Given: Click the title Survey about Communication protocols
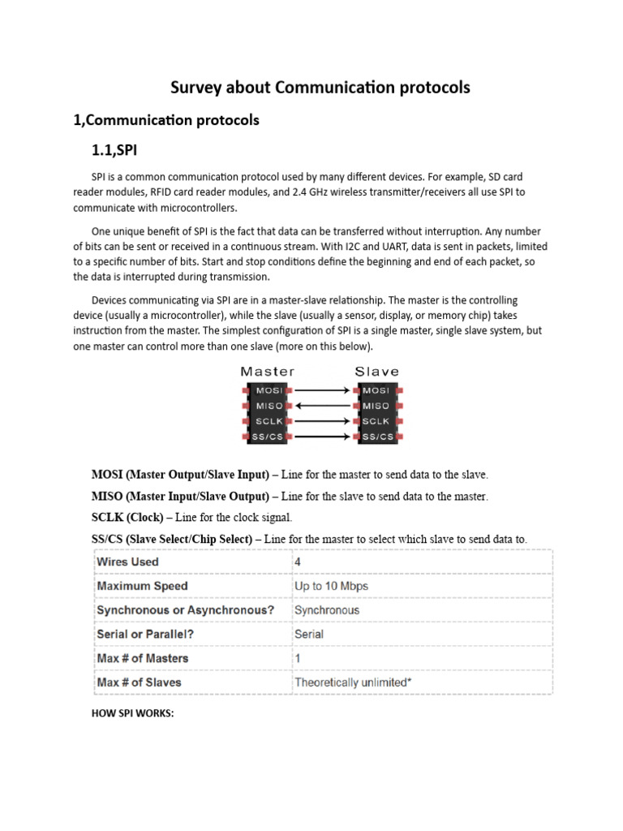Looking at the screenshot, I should tap(320, 88).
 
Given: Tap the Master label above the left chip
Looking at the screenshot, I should tap(267, 372).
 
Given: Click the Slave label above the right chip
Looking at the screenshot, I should tap(376, 372).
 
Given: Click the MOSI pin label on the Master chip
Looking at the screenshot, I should tap(267, 390).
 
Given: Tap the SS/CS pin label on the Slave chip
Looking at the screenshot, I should tap(376, 437).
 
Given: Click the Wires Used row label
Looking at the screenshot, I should tap(128, 562).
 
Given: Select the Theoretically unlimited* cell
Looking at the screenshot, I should tap(353, 682).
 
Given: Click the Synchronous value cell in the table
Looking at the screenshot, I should tap(327, 609).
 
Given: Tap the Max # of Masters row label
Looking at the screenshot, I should tap(143, 658).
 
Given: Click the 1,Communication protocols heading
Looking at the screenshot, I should tap(166, 120).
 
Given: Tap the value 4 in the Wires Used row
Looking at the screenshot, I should tap(299, 562).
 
